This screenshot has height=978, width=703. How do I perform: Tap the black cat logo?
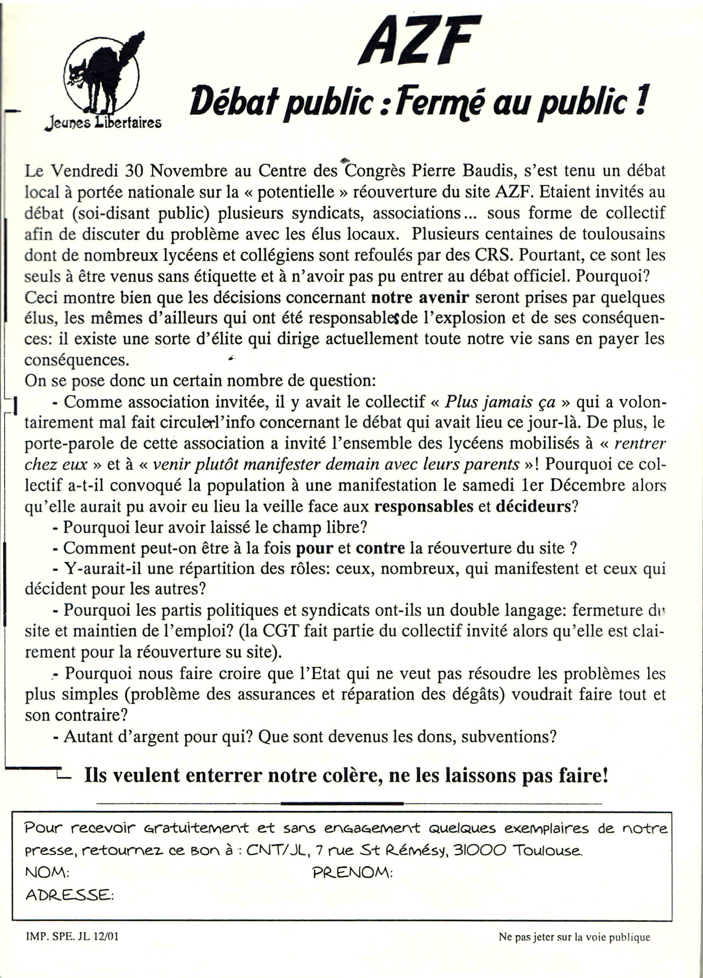102,73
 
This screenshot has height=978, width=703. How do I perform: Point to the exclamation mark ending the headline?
641,99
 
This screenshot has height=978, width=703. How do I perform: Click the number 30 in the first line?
134,172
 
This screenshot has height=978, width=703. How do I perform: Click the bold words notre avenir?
420,298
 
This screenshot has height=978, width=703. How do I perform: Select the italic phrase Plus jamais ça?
500,402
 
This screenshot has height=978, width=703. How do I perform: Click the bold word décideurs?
533,506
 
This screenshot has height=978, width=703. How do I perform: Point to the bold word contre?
380,548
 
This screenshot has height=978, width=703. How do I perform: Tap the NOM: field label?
47,872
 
